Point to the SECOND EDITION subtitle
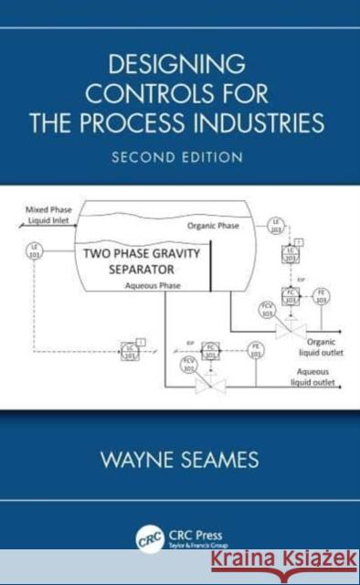(x=178, y=156)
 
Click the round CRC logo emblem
(x=147, y=537)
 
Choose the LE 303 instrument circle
(x=275, y=227)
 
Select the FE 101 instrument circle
(x=256, y=349)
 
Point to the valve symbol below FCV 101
(x=210, y=387)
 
